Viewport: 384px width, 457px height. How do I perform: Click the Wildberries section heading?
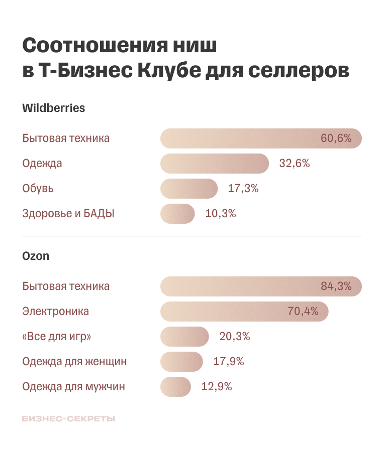[x=54, y=108]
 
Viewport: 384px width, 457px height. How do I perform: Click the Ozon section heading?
[x=36, y=256]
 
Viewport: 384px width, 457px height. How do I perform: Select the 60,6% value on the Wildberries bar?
[x=336, y=138]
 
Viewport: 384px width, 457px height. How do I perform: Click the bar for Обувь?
[x=189, y=189]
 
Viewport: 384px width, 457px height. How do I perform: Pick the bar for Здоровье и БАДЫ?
[x=177, y=214]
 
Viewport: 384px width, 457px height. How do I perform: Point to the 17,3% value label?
[x=243, y=189]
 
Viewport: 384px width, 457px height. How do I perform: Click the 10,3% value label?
[x=220, y=214]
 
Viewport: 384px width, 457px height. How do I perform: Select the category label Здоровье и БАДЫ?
[x=68, y=214]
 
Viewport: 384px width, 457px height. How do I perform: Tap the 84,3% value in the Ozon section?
[x=336, y=286]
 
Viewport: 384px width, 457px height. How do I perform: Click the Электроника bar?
[x=244, y=312]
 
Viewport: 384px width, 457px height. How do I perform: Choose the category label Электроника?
[x=56, y=312]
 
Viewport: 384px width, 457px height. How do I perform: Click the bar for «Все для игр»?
[x=184, y=337]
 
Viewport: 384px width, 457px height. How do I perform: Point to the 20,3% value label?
[x=235, y=337]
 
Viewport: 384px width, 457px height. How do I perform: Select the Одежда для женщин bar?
[x=181, y=362]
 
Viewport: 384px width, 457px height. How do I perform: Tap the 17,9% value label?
[x=229, y=362]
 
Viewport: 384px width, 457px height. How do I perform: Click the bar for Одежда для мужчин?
[x=176, y=387]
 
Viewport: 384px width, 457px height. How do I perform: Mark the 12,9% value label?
[x=217, y=387]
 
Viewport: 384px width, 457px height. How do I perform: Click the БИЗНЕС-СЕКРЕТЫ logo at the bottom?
[x=68, y=418]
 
